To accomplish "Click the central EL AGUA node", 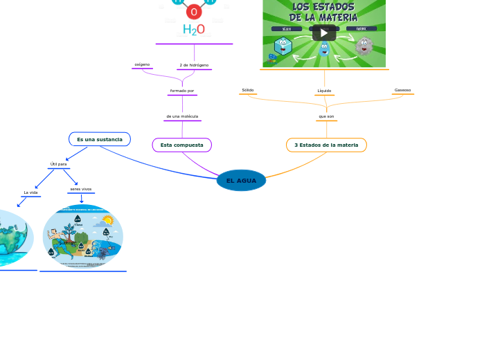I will [241, 181].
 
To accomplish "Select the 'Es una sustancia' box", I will [100, 139].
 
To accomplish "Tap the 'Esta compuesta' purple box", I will [181, 145].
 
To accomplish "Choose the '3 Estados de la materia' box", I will [326, 145].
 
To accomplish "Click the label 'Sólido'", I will [247, 90].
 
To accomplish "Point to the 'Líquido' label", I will [324, 91].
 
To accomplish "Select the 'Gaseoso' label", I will [402, 90].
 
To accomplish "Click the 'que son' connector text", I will [326, 116].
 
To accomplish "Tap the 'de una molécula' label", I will [182, 116].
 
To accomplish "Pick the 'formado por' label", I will [182, 91].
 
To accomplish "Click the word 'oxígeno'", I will [142, 64].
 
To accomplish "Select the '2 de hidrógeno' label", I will [194, 65].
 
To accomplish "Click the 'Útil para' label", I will [59, 164].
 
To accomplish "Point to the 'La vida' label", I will [30, 192].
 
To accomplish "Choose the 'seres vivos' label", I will [81, 189].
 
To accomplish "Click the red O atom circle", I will [194, 12].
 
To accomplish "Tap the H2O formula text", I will [194, 29].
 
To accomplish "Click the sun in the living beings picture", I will [107, 220].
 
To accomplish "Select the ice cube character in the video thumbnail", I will [283, 46].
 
